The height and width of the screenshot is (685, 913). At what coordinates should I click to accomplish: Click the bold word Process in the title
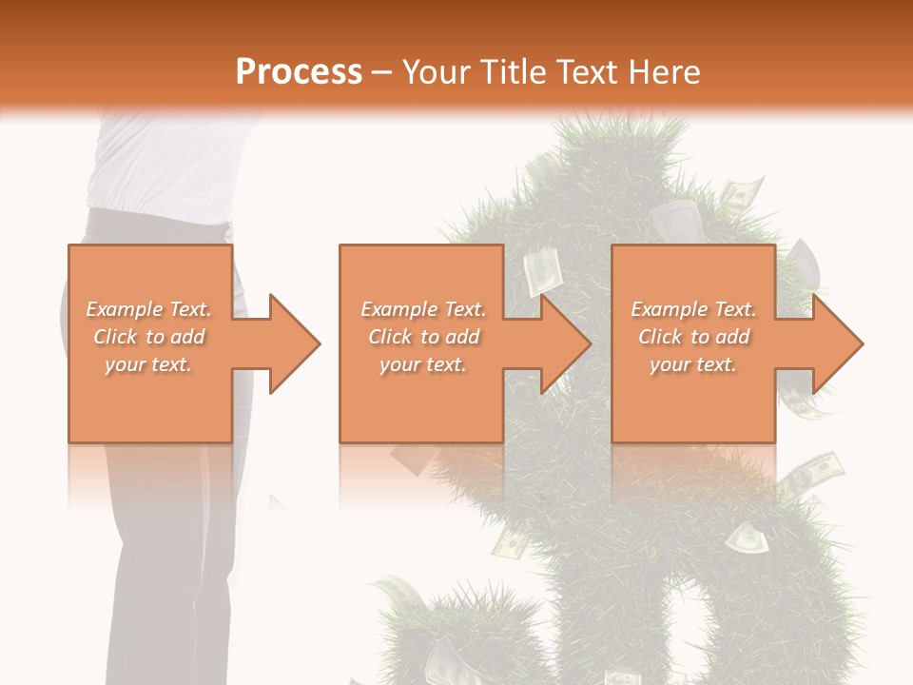click(x=299, y=71)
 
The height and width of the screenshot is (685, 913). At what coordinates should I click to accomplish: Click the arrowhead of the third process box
click(x=835, y=343)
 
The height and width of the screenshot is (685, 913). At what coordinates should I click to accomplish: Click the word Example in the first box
click(x=122, y=309)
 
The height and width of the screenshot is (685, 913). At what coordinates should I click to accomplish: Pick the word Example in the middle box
click(x=397, y=309)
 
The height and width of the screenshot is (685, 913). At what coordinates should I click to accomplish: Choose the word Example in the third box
click(x=667, y=309)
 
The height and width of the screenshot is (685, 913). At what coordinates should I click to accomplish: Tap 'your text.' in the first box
click(x=148, y=364)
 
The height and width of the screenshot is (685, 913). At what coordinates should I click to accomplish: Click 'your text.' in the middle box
click(x=422, y=364)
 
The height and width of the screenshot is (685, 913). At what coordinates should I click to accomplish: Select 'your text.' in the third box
click(x=692, y=364)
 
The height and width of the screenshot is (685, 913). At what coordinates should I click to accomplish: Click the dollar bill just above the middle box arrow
click(x=541, y=272)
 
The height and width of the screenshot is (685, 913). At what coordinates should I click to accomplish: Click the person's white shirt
click(x=162, y=162)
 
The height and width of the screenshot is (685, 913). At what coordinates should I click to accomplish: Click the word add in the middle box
click(x=462, y=337)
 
